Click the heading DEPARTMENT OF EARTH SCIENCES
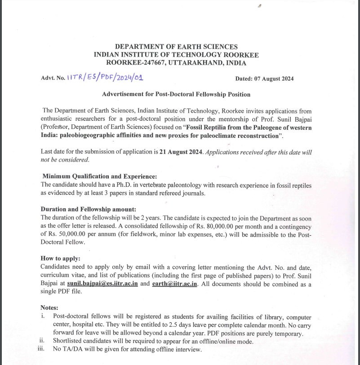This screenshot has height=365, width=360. point(176,47)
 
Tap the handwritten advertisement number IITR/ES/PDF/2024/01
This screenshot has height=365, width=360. point(105,78)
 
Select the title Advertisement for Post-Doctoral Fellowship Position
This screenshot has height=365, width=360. point(176,95)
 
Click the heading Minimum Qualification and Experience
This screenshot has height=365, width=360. point(99,177)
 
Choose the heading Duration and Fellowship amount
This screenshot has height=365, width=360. point(88,209)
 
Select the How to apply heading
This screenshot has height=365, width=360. point(61,259)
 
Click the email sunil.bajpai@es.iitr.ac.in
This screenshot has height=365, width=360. point(102,284)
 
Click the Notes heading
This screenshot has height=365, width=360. point(50,308)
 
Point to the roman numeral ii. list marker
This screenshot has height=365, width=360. point(42,341)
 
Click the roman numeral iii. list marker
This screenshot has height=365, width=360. point(42,349)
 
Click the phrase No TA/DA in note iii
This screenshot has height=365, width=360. point(67,349)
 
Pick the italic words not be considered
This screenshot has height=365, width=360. point(65,160)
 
